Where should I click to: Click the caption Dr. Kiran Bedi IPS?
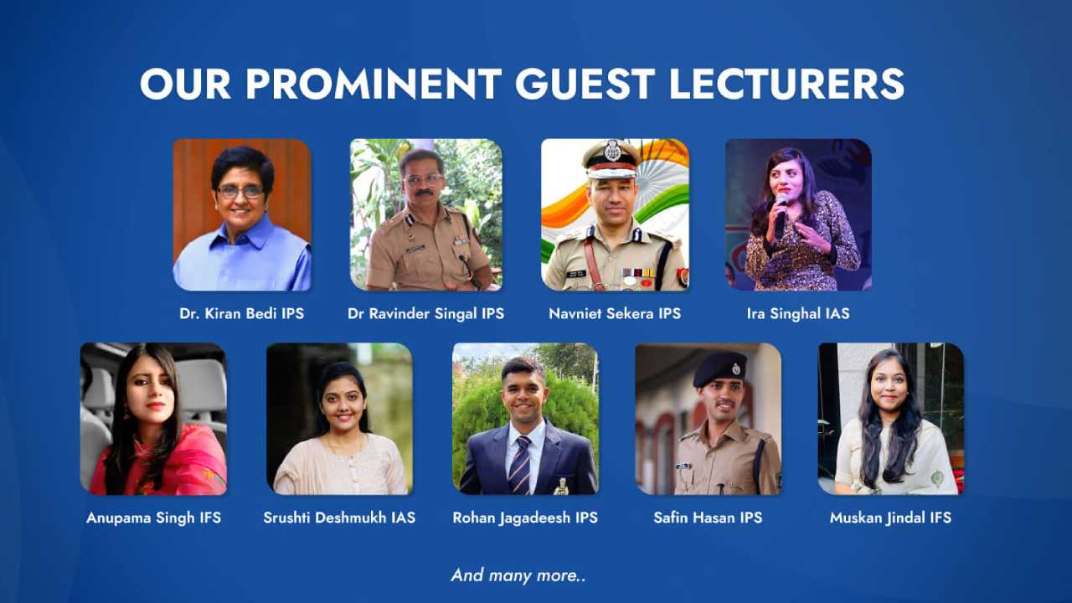tap(241, 314)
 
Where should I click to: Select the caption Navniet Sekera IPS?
tap(615, 314)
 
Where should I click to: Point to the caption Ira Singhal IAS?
tap(797, 314)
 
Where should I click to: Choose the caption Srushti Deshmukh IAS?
tap(339, 518)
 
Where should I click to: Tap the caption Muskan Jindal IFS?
tap(890, 518)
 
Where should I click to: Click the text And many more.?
tap(518, 575)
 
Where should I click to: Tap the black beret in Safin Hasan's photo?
tap(720, 367)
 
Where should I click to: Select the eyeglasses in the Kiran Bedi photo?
tap(240, 192)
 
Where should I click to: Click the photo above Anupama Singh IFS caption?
tap(153, 418)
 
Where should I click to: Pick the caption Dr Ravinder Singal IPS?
tap(425, 314)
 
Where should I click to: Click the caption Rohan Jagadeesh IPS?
tap(525, 518)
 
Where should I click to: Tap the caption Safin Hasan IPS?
tap(708, 518)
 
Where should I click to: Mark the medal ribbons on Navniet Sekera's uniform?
tap(637, 274)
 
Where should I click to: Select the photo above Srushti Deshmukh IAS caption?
tap(339, 418)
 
